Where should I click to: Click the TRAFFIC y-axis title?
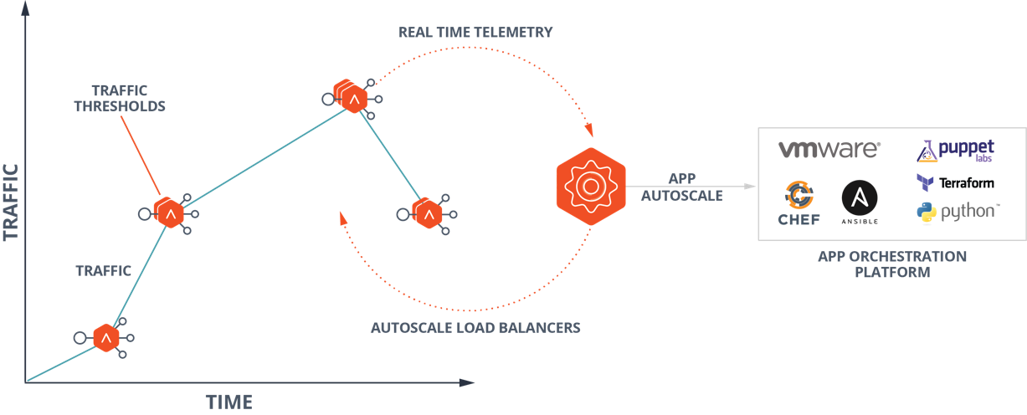click(11, 201)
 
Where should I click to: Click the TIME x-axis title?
click(229, 402)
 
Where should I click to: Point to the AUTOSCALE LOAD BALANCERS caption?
click(475, 327)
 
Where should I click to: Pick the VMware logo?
click(829, 150)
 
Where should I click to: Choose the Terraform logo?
click(955, 183)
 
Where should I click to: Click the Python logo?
click(958, 212)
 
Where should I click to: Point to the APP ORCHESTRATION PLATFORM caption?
click(891, 264)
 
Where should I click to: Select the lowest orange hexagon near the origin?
click(106, 338)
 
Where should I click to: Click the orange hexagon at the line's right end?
click(428, 214)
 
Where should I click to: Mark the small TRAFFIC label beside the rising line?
click(104, 271)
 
